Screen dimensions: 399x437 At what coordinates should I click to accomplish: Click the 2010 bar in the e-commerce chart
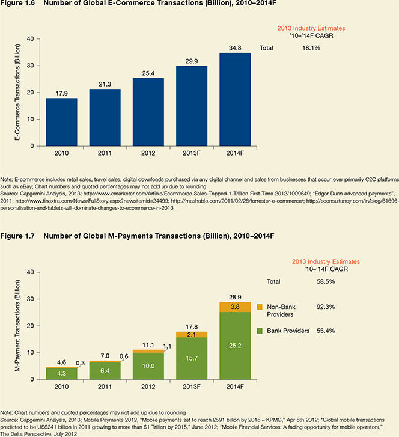[x=61, y=122]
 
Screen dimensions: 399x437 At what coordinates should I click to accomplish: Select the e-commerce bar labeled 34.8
[x=235, y=100]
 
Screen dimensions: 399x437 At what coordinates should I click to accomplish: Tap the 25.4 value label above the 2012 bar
[x=148, y=73]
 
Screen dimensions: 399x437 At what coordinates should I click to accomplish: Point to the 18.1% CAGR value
[x=311, y=48]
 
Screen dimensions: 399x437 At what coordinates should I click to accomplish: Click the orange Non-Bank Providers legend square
[x=260, y=307]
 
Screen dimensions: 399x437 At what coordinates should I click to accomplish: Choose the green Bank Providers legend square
[x=260, y=331]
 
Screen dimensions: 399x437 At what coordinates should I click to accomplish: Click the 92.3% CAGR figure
[x=326, y=307]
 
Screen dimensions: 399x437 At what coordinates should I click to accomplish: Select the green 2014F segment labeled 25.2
[x=235, y=346]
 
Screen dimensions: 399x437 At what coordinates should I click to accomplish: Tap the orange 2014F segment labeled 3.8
[x=235, y=307]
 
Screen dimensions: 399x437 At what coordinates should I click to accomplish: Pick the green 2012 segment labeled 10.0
[x=148, y=366]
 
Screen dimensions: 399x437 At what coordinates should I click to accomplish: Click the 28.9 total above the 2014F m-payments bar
[x=235, y=297]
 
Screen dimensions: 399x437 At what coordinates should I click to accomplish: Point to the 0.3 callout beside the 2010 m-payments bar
[x=81, y=363]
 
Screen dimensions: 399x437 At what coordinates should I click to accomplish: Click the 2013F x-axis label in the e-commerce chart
[x=192, y=153]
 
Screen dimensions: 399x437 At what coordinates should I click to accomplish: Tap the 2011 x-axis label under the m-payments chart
[x=105, y=387]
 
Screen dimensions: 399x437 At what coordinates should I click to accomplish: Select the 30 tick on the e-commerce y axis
[x=31, y=66]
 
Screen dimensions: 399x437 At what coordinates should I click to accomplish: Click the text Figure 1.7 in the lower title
[x=17, y=236]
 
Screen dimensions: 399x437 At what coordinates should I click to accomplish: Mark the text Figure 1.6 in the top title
[x=17, y=3]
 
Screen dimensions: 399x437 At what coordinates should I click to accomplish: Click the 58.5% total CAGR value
[x=326, y=281]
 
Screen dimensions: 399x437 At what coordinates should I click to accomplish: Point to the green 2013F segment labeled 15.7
[x=192, y=358]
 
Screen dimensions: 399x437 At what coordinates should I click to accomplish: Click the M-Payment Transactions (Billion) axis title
[x=17, y=326]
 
